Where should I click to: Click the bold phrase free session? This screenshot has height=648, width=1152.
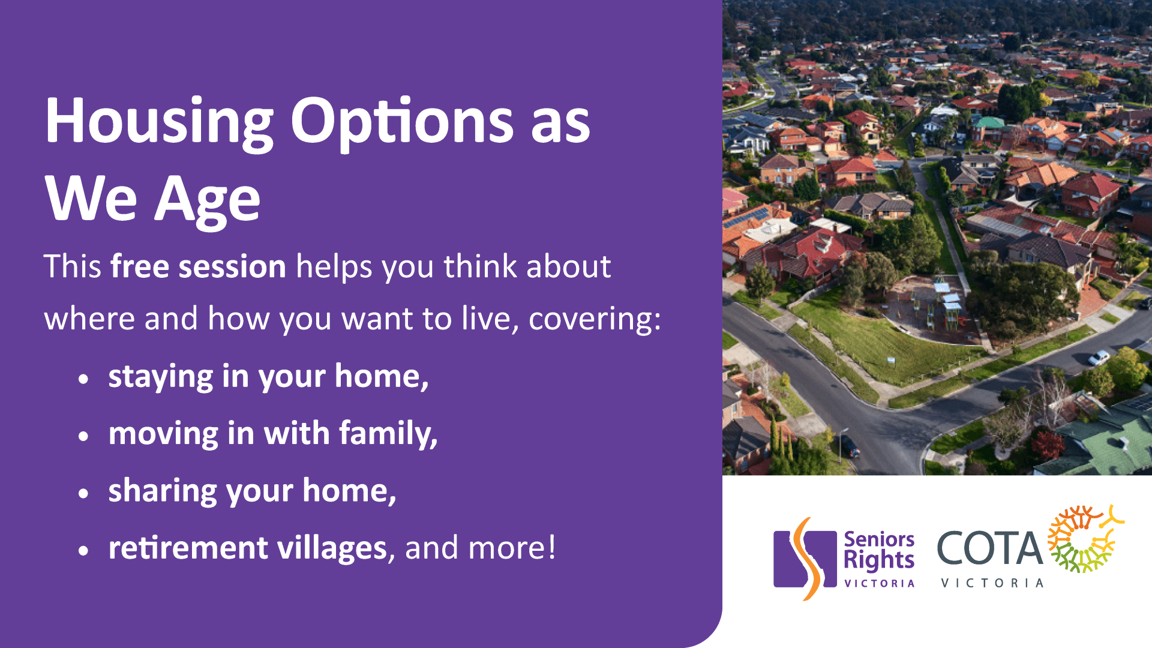tap(198, 266)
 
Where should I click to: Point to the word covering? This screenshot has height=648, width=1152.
tap(594, 319)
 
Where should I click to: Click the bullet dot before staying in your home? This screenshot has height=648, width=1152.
tap(83, 379)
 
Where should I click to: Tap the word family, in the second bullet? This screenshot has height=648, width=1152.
tap(388, 433)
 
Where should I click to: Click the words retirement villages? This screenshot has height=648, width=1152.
tap(247, 548)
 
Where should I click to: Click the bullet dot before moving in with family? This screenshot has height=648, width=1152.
tap(83, 436)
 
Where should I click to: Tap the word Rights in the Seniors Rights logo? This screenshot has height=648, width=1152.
tap(878, 560)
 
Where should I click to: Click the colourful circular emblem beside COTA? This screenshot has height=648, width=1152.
tap(1084, 539)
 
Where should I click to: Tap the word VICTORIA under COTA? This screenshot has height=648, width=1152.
tap(992, 583)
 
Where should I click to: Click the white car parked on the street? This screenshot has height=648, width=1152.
tap(1099, 358)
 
